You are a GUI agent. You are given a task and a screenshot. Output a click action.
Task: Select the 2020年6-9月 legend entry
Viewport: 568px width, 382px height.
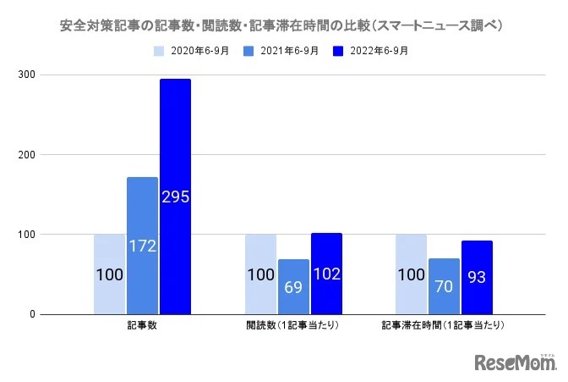point(194,51)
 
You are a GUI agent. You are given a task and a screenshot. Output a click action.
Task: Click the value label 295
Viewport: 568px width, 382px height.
point(175,197)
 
